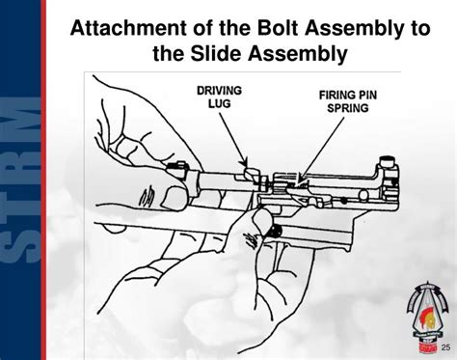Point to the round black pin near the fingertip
274,232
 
